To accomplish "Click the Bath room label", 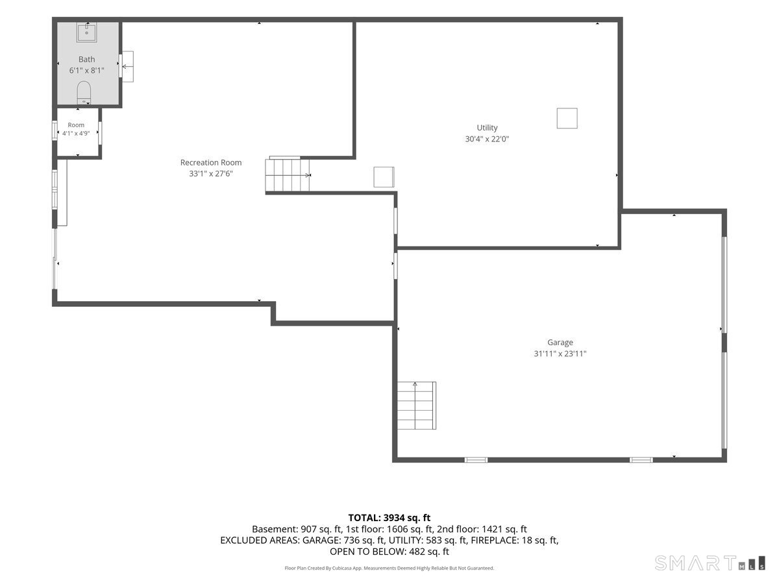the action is pos(86,59).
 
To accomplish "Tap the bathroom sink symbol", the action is pos(86,32).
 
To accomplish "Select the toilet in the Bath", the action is pos(84,93).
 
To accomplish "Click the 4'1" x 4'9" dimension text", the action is pos(76,133).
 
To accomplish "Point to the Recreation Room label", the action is pos(211,162).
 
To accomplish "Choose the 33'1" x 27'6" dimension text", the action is pos(211,173).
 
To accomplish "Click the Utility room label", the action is pos(487,128).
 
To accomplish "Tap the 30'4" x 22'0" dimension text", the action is pos(487,139).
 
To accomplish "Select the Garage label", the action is pos(560,343).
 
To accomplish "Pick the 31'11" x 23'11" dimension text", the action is pos(560,354).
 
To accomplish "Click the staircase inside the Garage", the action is pos(416,406).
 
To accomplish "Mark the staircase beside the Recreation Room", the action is pos(288,175).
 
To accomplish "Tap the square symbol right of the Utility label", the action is pos(567,118).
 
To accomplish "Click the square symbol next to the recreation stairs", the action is pos(384,177).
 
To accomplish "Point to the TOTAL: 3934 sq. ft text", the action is pos(389,518).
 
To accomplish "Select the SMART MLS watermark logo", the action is pos(710,563).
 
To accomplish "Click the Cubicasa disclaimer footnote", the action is pos(389,568).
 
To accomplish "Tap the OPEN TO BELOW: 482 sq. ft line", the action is pos(389,552).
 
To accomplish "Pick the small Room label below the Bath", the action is pos(76,125).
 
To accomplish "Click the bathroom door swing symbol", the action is pos(127,66).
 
